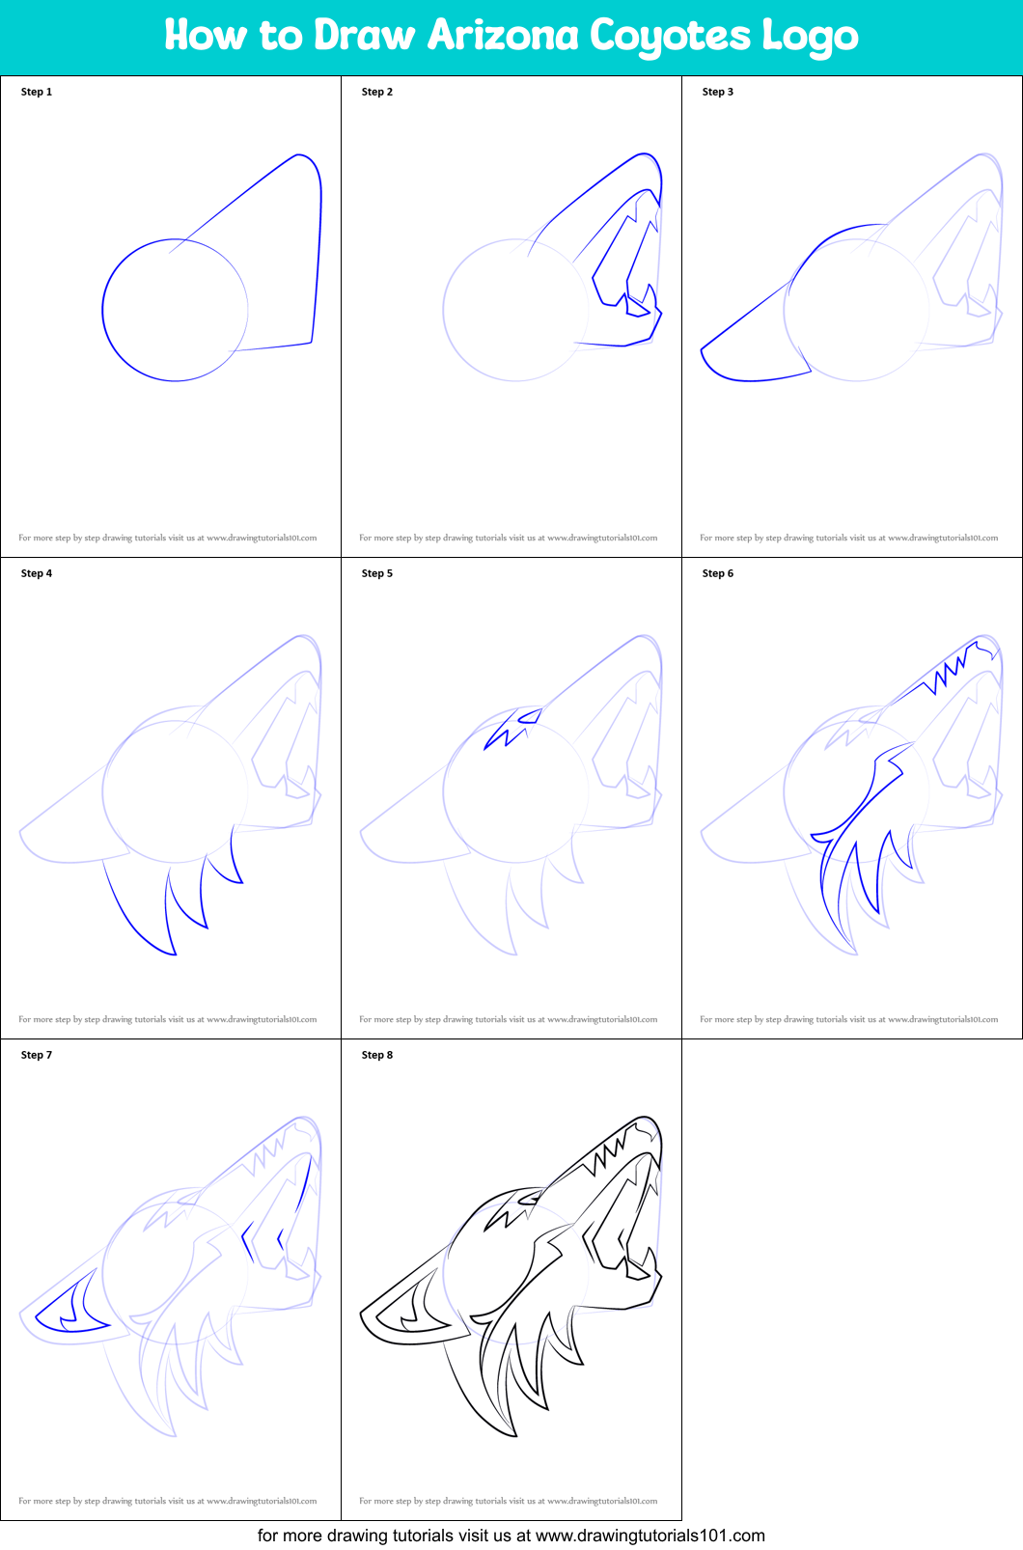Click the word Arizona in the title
point(503,37)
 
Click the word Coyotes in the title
point(669,37)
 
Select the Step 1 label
point(37,92)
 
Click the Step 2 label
point(377,92)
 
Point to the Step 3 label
point(718,92)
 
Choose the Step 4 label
point(37,573)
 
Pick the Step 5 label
point(377,573)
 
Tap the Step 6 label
point(718,573)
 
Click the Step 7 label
point(37,1055)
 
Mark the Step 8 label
point(377,1055)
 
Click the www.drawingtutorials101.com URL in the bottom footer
point(650,1536)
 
